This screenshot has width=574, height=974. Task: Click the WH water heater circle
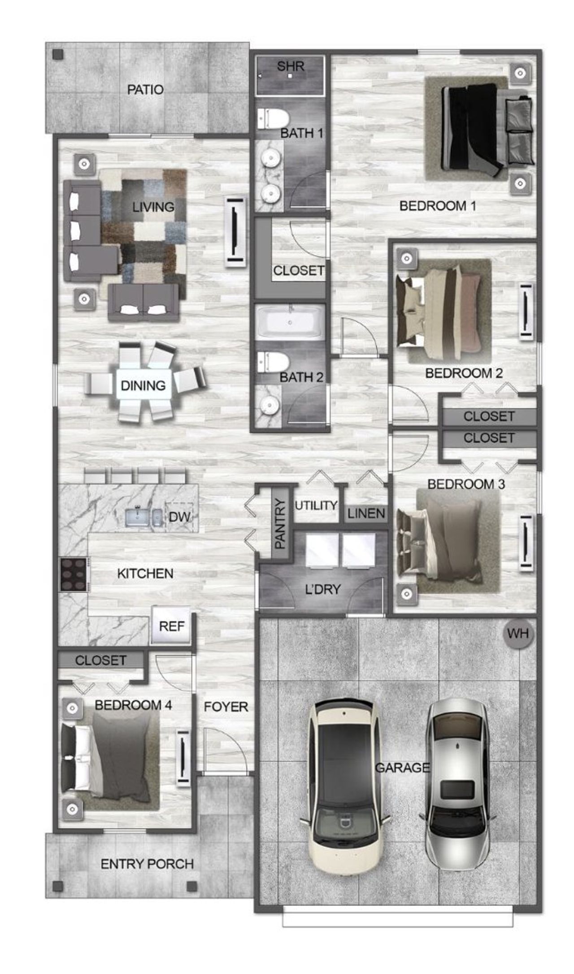pos(518,634)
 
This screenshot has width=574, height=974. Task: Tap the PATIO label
pos(145,90)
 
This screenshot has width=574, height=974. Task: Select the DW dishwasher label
pos(179,517)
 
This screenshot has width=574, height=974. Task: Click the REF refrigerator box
pos(171,626)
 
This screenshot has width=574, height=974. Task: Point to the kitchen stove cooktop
pos(74,574)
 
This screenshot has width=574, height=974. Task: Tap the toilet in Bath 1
pos(273,119)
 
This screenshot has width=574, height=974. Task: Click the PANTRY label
pos(279,524)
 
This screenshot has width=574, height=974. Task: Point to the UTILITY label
pos(316,505)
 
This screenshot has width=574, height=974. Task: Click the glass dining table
pos(143,385)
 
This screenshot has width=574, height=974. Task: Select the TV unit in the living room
pos(235,232)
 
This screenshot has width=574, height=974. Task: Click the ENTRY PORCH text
pos(147,864)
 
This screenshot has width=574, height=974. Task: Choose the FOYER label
pos(226,707)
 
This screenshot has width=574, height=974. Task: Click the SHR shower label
pos(291,66)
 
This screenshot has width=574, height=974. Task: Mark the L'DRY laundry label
pos(323,589)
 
